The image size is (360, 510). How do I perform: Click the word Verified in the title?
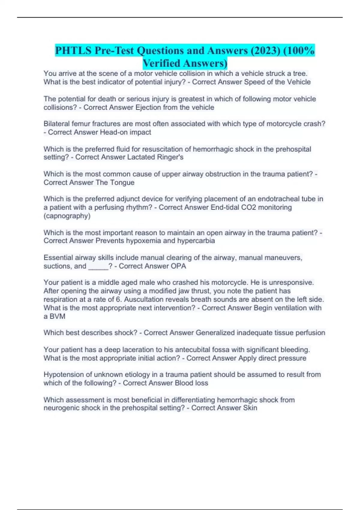pos(161,63)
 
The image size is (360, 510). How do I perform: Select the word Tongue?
pos(122,182)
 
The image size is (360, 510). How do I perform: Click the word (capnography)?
pos(67,216)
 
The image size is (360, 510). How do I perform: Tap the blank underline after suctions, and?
pos(98,266)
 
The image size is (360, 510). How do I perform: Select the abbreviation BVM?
pos(57,316)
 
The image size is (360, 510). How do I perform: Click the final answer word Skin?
pos(250,408)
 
